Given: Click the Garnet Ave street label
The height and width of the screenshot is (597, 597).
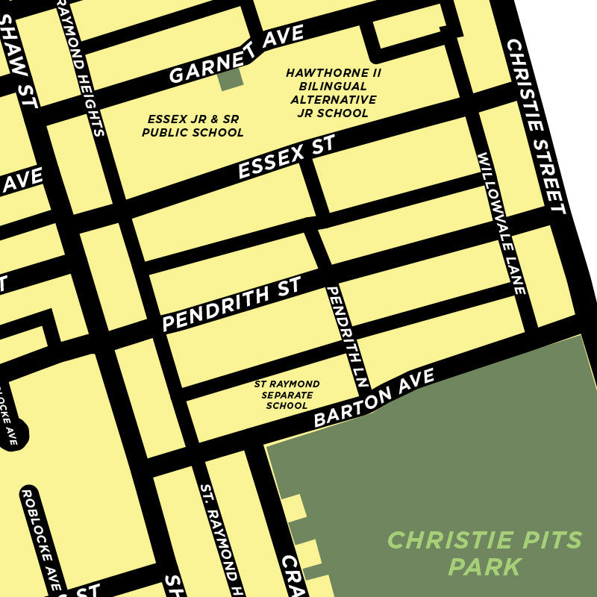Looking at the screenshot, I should [236, 54].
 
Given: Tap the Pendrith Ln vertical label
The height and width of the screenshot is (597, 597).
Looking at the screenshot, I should [348, 336].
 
